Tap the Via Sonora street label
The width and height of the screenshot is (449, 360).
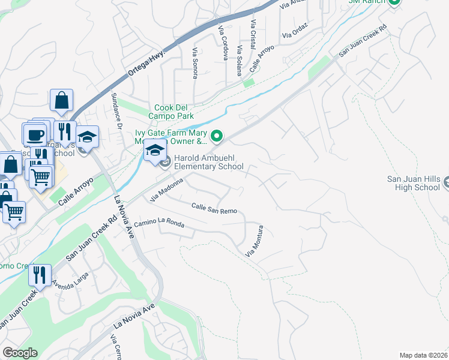pyautogui.click(x=194, y=64)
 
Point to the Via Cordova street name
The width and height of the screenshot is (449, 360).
pyautogui.click(x=223, y=43)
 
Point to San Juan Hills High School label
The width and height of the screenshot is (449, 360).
pyautogui.click(x=414, y=183)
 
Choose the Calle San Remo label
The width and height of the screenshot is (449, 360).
pyautogui.click(x=214, y=208)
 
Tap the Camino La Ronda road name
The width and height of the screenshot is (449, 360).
pyautogui.click(x=159, y=224)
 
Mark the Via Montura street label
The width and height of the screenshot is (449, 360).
pyautogui.click(x=255, y=241)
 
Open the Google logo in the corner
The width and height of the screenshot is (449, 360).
pyautogui.click(x=20, y=353)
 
